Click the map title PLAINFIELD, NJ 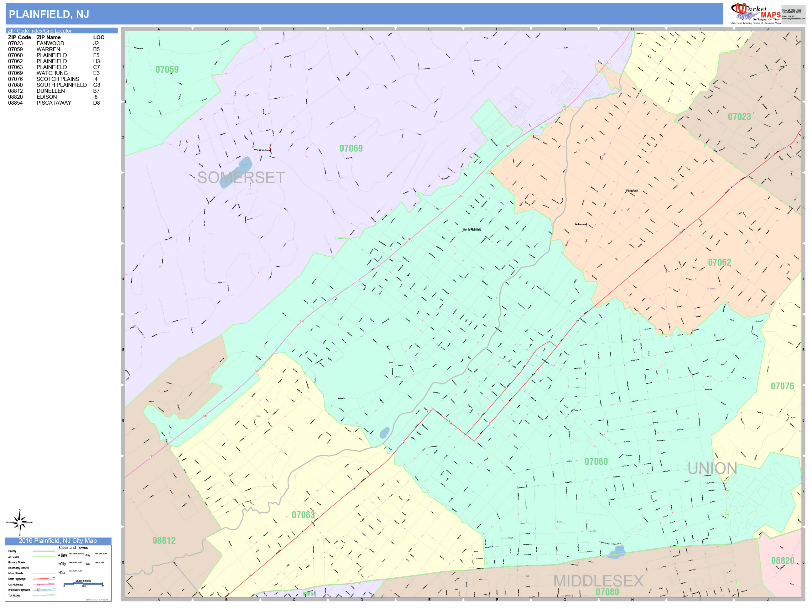point(49,14)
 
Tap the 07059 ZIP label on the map point(167,69)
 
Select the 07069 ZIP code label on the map point(351,148)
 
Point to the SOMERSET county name point(241,178)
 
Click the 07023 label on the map point(739,117)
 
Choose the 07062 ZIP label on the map point(720,263)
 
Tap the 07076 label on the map point(782,386)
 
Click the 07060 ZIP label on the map point(596,461)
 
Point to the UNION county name point(712,468)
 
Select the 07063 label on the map point(303,515)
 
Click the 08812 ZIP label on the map point(164,540)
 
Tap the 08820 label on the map point(783,560)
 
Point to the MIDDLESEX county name point(598,581)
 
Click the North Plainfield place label point(472,229)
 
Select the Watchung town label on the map point(265,150)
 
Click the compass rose point(20,522)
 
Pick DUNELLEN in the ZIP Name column point(51,91)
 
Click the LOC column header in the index point(98,38)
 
